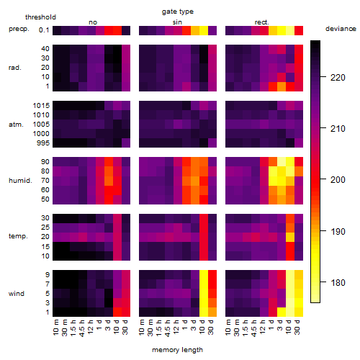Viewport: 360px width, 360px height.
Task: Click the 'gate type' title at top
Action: (178, 12)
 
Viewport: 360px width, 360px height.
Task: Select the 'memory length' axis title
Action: (177, 350)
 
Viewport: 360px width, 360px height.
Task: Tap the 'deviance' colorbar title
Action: (341, 29)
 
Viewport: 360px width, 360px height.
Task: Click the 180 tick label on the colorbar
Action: (338, 282)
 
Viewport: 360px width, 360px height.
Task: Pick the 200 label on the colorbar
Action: (338, 180)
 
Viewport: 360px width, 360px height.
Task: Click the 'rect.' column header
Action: (261, 22)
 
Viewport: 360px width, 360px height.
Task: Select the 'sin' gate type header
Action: (177, 22)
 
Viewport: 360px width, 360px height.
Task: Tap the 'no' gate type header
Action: (93, 22)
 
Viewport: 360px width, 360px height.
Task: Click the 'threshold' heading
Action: (40, 17)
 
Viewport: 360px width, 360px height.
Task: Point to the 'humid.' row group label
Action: (20, 180)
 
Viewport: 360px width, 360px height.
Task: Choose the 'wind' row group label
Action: (17, 293)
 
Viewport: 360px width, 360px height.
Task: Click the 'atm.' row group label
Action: (16, 125)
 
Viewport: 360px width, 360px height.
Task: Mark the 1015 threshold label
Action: (41, 105)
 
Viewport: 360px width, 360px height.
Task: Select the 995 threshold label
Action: (43, 143)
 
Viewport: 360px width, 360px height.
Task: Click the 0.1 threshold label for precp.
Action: (44, 30)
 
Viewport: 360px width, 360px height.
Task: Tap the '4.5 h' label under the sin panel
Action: (168, 328)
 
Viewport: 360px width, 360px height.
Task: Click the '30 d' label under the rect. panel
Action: (297, 327)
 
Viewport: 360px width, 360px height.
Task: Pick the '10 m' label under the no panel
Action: (55, 328)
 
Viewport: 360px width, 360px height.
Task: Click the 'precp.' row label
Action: (19, 29)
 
